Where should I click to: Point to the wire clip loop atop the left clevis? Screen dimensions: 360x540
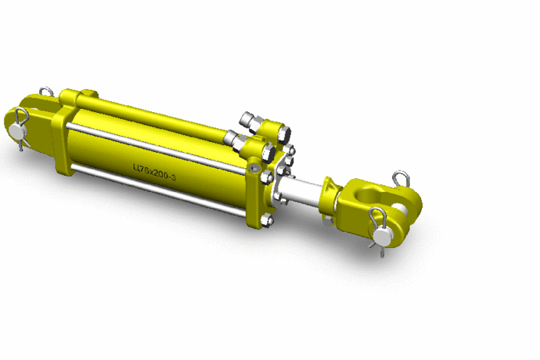click(46, 92)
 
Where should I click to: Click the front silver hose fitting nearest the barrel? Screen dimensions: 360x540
click(234, 138)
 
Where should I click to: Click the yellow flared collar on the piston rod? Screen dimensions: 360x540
click(331, 200)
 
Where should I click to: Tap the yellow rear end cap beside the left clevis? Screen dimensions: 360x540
click(61, 138)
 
